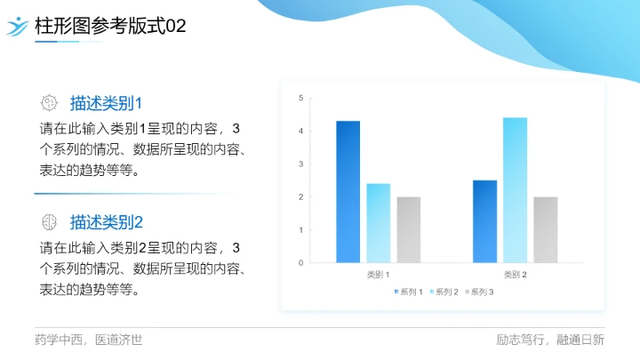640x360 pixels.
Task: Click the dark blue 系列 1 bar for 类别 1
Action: tap(348, 191)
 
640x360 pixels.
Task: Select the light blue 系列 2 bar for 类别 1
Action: tap(378, 222)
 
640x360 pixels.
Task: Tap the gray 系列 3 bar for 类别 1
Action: tap(408, 229)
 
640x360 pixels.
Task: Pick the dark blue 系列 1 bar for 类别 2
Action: tap(484, 220)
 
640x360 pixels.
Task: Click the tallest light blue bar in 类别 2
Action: tap(515, 189)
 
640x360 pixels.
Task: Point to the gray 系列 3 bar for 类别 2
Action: tap(545, 229)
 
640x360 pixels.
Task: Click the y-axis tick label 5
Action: tap(300, 98)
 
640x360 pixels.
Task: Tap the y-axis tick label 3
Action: tap(300, 164)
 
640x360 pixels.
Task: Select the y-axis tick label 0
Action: tap(300, 263)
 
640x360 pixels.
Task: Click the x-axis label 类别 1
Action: tap(378, 275)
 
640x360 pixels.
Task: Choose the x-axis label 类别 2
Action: tap(515, 275)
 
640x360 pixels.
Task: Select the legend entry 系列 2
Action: tap(444, 292)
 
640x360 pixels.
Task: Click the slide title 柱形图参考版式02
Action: tap(110, 27)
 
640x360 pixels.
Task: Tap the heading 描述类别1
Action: tap(107, 102)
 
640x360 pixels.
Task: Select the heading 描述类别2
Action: tap(107, 221)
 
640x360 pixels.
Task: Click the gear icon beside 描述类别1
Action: tap(50, 102)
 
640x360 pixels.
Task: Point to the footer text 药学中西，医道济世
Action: tap(88, 340)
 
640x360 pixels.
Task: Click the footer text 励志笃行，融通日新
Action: tap(550, 340)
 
